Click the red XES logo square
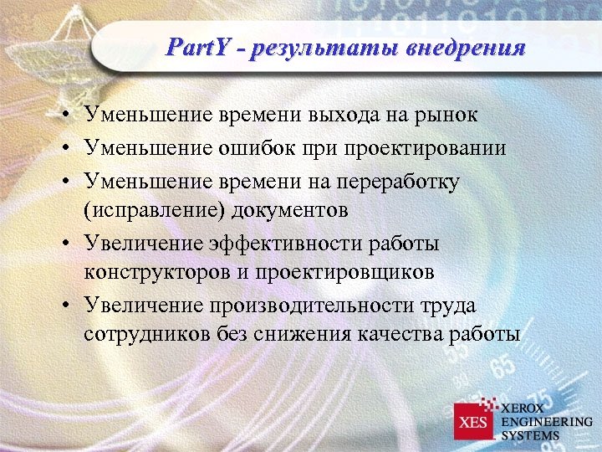click(474, 422)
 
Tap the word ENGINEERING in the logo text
click(547, 422)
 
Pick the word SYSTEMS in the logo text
click(531, 435)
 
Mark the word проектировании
click(434, 148)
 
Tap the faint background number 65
click(502, 367)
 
